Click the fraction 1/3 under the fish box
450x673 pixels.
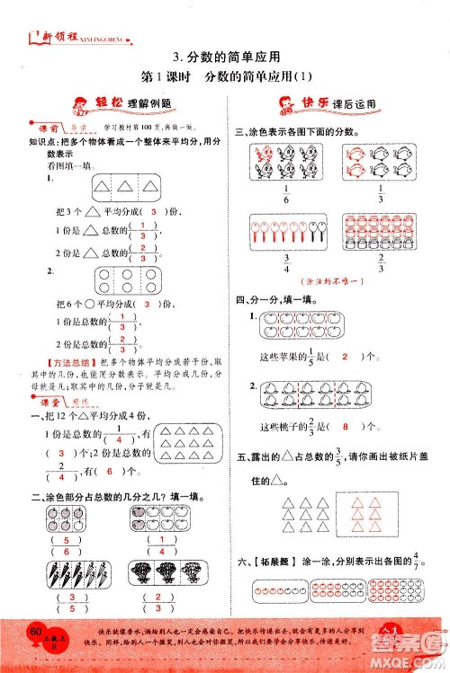[x=381, y=195]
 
